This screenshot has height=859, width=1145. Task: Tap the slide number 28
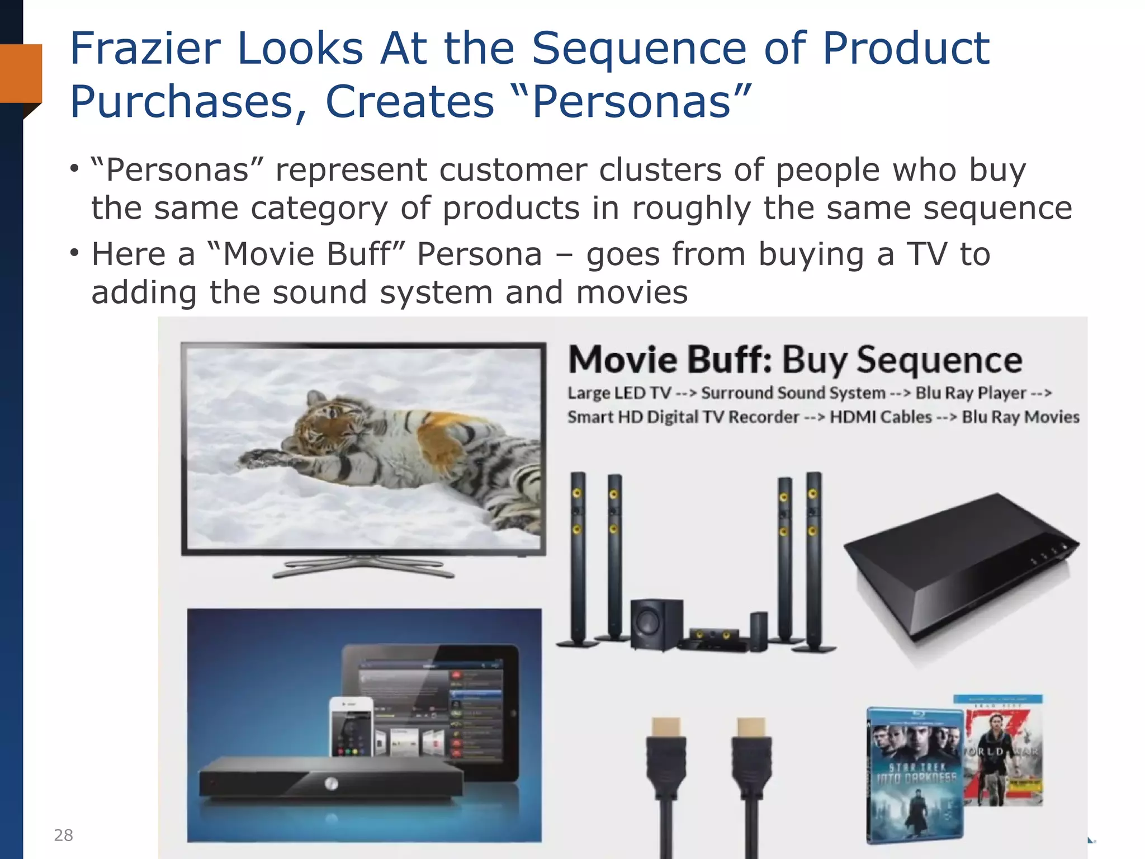point(63,835)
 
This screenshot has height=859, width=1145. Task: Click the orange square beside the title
point(21,73)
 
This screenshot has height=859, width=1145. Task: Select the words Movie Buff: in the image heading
point(670,360)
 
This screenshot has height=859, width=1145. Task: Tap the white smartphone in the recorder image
point(351,727)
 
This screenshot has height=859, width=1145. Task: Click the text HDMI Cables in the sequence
point(881,417)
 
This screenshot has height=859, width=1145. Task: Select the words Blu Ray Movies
point(1020,417)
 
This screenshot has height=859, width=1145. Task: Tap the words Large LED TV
point(619,393)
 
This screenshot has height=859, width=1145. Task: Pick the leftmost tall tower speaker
point(578,559)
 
